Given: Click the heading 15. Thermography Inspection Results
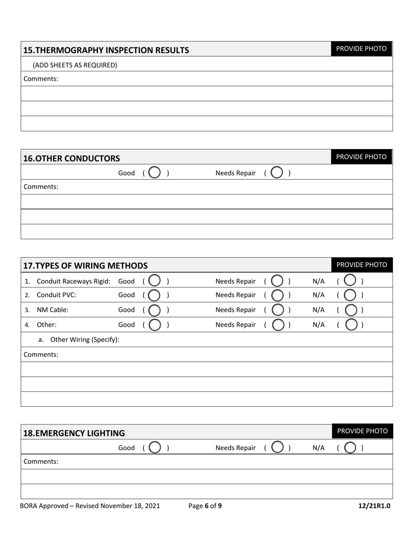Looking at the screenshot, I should click(x=106, y=50).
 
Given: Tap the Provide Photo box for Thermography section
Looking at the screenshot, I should click(x=361, y=49).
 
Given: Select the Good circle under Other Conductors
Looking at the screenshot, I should click(x=154, y=173).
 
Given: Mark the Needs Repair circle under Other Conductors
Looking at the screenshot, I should click(x=276, y=173).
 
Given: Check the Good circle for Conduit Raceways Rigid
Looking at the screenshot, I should click(x=154, y=281).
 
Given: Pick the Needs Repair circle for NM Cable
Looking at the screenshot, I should click(x=277, y=310).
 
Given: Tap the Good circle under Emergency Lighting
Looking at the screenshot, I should click(x=154, y=448).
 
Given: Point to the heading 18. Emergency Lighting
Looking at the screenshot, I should click(x=74, y=433).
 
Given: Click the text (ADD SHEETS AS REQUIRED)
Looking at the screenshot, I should click(x=75, y=65).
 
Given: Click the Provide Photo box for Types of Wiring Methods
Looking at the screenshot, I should click(x=362, y=265).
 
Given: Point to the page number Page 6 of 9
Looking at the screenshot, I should click(x=205, y=506).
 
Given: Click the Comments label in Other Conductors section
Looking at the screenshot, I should click(x=41, y=187).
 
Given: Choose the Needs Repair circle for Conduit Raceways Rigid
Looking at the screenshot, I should click(x=277, y=281).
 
